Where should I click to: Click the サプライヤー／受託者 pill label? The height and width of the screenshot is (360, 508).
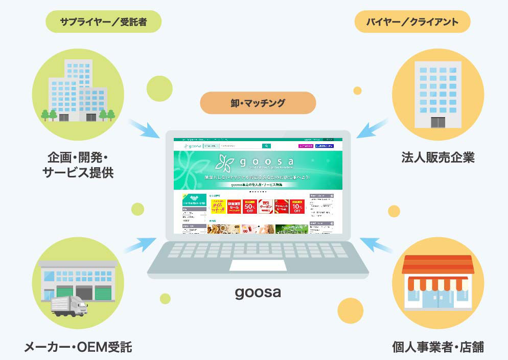[x=103, y=21]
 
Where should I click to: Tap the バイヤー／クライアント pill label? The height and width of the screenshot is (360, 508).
[x=412, y=21]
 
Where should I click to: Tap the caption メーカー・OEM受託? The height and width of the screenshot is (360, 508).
[x=78, y=348]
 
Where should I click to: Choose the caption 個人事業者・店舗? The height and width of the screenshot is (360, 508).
[x=437, y=348]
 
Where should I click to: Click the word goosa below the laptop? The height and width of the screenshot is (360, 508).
[x=258, y=292]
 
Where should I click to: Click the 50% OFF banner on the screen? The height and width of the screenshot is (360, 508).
[x=250, y=206]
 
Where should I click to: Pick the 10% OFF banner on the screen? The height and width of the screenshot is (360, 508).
[x=297, y=206]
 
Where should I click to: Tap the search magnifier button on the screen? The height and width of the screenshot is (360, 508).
[x=266, y=146]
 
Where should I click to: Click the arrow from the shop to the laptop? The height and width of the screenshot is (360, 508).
[x=376, y=244]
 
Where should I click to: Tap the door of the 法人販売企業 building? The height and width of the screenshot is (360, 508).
[x=437, y=122]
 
